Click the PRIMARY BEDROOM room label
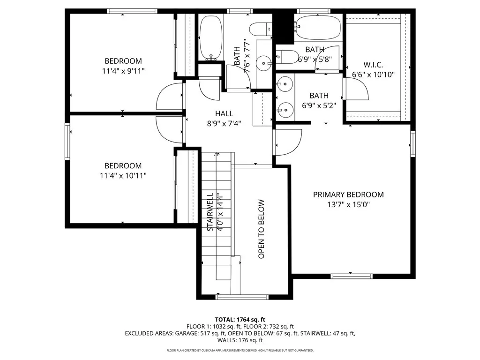(348, 195)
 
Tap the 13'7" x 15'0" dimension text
(348, 204)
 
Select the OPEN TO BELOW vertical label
(261, 229)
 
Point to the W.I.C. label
(374, 65)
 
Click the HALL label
(224, 113)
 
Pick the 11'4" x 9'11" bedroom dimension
(123, 71)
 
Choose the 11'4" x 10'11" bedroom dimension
(123, 176)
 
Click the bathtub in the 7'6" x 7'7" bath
(210, 37)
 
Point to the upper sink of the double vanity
(284, 85)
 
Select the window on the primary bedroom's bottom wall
(352, 276)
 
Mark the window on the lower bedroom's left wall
(67, 141)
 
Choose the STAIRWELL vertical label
(210, 212)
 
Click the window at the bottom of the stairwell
(242, 297)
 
